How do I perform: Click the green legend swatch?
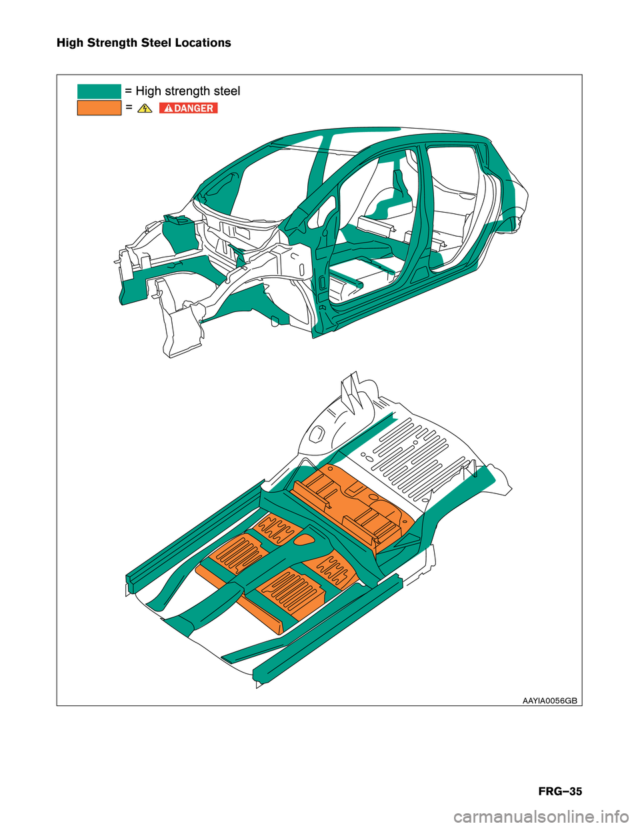pos(99,91)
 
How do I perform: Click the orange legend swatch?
pos(99,108)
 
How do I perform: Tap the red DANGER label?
pos(189,108)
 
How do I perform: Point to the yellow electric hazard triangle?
pos(145,109)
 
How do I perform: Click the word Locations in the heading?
pos(203,43)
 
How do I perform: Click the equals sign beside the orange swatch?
pos(129,108)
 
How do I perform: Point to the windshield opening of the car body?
pos(274,179)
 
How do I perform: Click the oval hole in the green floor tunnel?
pos(305,539)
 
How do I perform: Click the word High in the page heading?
pos(71,43)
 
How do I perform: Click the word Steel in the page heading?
pos(156,43)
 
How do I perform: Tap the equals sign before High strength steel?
pos(129,91)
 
